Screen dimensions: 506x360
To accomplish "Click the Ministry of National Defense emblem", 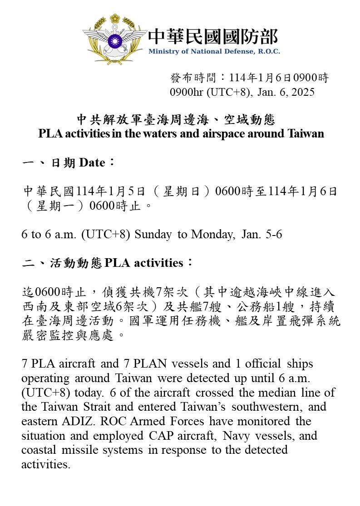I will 115,39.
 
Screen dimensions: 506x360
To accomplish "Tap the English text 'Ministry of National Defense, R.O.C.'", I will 214,51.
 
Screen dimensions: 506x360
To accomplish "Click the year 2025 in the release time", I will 303,92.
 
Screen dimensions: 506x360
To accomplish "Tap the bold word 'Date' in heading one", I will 92,162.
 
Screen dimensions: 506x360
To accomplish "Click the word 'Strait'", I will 97,407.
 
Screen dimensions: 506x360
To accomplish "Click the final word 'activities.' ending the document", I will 46,465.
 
